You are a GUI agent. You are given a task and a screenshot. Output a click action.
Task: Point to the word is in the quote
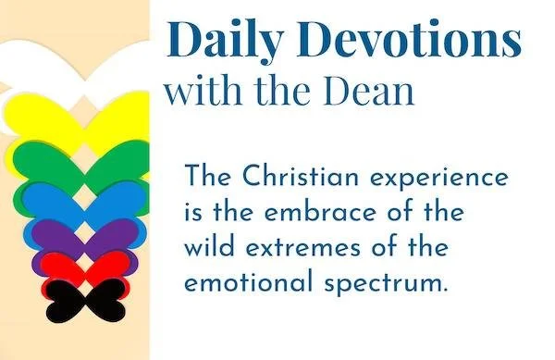[193, 212]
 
